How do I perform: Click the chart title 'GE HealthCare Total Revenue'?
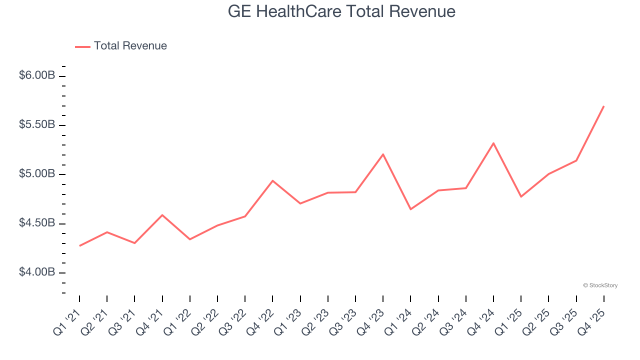341,11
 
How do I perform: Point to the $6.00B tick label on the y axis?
36,75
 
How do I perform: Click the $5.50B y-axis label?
36,124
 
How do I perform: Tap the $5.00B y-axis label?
36,174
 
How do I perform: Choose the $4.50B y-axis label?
36,223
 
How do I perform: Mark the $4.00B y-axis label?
36,272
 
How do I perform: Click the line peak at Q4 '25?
603,106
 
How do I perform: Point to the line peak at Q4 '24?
493,143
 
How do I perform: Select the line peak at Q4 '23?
383,154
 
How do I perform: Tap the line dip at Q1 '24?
410,209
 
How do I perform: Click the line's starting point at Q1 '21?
79,245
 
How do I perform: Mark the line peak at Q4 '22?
272,180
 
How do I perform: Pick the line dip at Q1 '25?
521,196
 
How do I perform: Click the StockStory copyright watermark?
600,285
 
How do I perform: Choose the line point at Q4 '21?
162,215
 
